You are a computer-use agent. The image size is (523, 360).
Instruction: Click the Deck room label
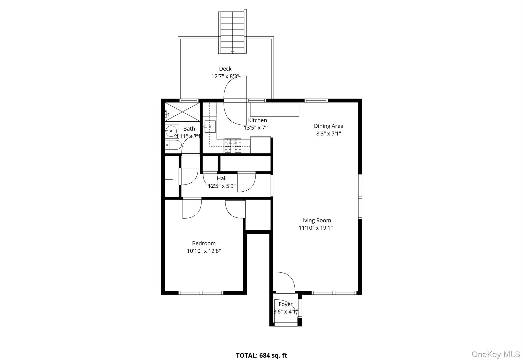(x=225, y=69)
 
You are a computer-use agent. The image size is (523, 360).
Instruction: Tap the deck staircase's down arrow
(x=232, y=52)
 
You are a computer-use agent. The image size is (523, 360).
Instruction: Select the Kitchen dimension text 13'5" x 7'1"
(x=257, y=128)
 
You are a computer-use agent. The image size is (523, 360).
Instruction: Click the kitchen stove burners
(x=233, y=145)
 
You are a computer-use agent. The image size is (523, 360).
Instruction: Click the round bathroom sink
(x=170, y=131)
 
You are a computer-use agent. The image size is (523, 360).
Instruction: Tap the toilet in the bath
(x=173, y=145)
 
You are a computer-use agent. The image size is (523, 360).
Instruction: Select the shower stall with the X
(x=182, y=112)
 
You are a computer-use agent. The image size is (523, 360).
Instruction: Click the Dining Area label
(x=328, y=126)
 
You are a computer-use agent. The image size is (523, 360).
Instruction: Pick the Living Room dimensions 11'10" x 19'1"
(x=316, y=228)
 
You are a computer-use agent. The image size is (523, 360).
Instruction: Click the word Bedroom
(x=204, y=243)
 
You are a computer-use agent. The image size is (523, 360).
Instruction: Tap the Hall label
(x=222, y=178)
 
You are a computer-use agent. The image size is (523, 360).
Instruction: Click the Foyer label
(x=285, y=304)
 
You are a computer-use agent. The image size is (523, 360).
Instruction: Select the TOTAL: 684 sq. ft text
(x=261, y=355)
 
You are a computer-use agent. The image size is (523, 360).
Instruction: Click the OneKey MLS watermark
(x=495, y=354)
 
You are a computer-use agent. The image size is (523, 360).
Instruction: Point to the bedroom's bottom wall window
(x=201, y=293)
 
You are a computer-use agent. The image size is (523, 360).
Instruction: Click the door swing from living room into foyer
(x=285, y=282)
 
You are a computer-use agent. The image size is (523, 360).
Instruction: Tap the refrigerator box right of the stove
(x=260, y=145)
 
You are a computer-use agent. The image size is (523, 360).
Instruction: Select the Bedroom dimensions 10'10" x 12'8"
(x=204, y=251)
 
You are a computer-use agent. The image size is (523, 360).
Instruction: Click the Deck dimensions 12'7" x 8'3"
(x=225, y=76)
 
